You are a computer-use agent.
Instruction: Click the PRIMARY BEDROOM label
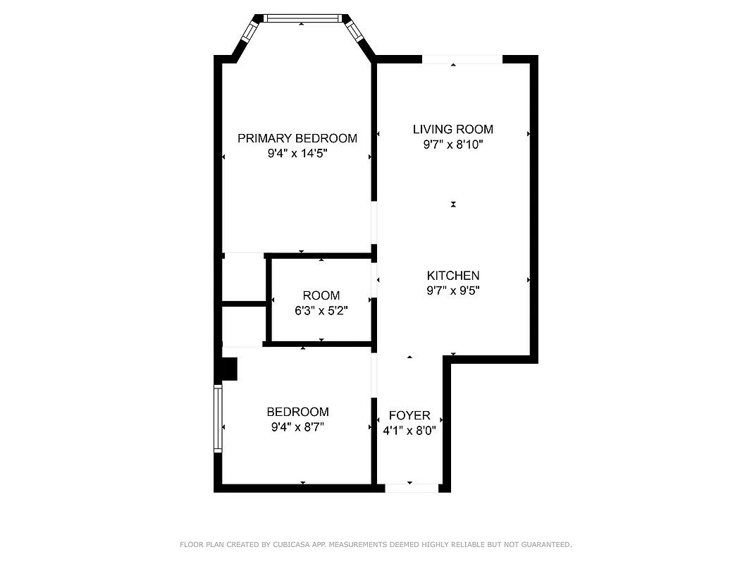coord(297,138)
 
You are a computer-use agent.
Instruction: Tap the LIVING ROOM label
coord(452,129)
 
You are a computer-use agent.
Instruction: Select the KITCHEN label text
coord(452,276)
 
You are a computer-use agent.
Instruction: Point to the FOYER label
coord(409,416)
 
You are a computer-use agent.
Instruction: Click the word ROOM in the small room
coord(321,295)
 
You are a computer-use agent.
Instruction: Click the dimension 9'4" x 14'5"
coord(297,153)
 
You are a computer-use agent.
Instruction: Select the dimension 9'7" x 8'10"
coord(452,145)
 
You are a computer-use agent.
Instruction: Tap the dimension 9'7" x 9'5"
coord(452,290)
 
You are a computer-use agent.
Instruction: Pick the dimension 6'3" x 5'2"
coord(321,309)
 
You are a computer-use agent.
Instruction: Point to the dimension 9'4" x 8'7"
coord(297,427)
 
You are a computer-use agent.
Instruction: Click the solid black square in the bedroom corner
coord(229,369)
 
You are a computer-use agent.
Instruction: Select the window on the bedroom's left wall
coord(218,418)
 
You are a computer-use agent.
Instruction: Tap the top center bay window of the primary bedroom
coord(302,18)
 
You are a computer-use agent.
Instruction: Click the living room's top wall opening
coord(462,59)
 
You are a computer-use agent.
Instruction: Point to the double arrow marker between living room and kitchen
coord(453,204)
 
